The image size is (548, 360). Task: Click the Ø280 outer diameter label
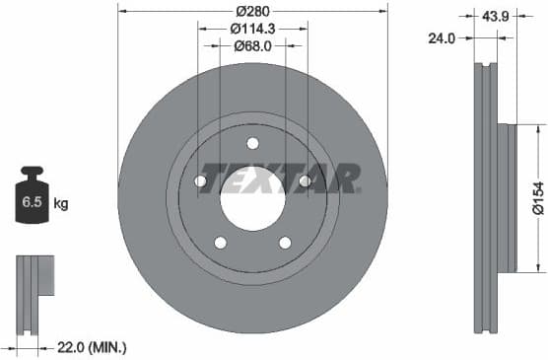[253, 11]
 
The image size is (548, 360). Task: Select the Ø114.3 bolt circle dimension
[252, 29]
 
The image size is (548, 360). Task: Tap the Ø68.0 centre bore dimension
[252, 45]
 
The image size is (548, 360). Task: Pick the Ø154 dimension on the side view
[537, 197]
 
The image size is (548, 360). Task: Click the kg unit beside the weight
[61, 204]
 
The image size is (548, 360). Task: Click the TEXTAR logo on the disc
[280, 178]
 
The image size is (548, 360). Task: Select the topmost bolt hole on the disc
[252, 142]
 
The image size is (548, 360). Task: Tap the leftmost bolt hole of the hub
[200, 180]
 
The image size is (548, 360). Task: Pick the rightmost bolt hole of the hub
[305, 180]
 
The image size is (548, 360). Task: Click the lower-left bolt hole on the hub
[220, 243]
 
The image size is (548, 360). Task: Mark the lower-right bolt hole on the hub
[285, 243]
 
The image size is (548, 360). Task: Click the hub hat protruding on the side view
[507, 197]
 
